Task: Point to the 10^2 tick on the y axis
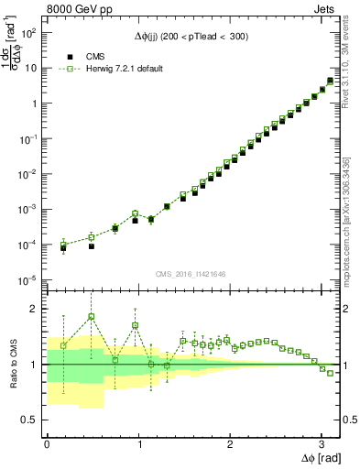point(29,32)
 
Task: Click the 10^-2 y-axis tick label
point(28,174)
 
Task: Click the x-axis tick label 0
point(47,442)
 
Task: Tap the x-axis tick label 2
point(230,442)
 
